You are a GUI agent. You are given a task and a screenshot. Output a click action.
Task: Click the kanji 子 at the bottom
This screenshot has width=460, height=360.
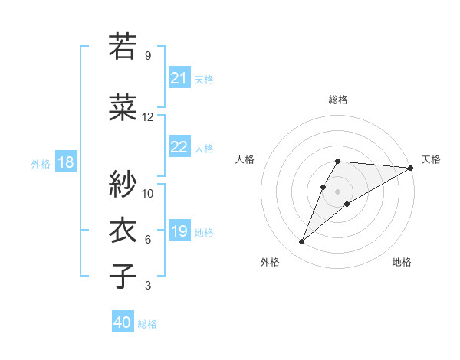point(123,276)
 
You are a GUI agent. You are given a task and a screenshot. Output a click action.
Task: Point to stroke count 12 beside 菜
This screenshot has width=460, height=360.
point(148,117)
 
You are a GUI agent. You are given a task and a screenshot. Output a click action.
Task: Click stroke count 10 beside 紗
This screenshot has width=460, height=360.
point(148,193)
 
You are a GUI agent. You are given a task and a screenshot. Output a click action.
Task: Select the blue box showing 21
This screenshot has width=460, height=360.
point(179,78)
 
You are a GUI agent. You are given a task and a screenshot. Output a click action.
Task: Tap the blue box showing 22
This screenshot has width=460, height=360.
point(179,147)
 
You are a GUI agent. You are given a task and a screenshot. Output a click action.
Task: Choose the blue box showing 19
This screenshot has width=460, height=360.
point(179,231)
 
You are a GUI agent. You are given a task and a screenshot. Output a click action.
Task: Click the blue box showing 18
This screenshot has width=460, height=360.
point(65,162)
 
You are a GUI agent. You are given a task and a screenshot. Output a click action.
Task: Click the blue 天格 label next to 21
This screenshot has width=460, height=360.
point(204,79)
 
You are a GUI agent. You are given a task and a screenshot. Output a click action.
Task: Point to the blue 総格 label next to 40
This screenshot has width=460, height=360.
point(147,323)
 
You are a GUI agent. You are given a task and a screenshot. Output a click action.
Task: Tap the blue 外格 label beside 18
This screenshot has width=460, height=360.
point(40,163)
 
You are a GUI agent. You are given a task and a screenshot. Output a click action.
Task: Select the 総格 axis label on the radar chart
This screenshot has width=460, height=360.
point(337,100)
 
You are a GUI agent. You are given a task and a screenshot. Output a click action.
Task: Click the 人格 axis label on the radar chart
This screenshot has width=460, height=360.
point(245,159)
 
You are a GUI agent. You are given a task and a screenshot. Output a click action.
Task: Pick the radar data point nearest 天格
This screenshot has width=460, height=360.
point(410,169)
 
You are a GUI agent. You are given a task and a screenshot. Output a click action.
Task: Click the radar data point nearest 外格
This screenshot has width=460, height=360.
point(302,242)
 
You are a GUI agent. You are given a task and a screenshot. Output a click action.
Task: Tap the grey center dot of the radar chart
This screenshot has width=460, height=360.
point(337,191)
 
